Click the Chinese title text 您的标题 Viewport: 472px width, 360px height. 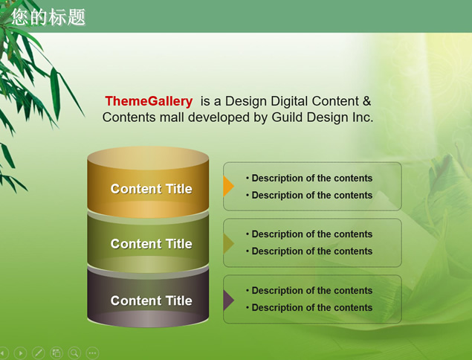48,17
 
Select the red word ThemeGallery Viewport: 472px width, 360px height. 149,101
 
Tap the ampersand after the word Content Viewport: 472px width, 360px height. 366,101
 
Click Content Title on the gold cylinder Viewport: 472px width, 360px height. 151,189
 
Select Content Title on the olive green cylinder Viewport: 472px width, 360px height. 151,244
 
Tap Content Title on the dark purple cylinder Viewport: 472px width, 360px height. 151,300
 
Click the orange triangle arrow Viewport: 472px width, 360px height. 228,186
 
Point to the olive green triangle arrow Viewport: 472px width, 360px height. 228,242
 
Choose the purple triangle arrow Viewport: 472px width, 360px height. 228,300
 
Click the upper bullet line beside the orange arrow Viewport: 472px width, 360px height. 309,178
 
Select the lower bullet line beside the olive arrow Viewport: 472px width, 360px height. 309,251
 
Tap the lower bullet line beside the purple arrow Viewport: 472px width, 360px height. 309,307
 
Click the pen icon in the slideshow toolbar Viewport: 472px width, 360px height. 38,353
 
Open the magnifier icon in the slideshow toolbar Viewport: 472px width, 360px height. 74,353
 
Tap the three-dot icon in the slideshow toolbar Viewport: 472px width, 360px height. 92,353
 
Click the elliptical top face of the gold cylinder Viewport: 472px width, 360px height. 148,158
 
